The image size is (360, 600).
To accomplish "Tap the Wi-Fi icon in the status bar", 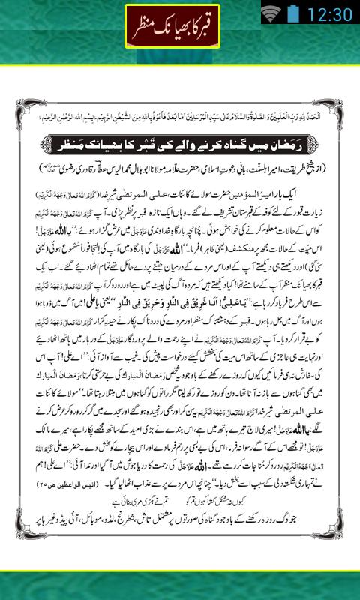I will (271, 13).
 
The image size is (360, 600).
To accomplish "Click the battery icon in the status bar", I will (293, 13).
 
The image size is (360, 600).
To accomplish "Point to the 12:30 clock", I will (329, 13).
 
